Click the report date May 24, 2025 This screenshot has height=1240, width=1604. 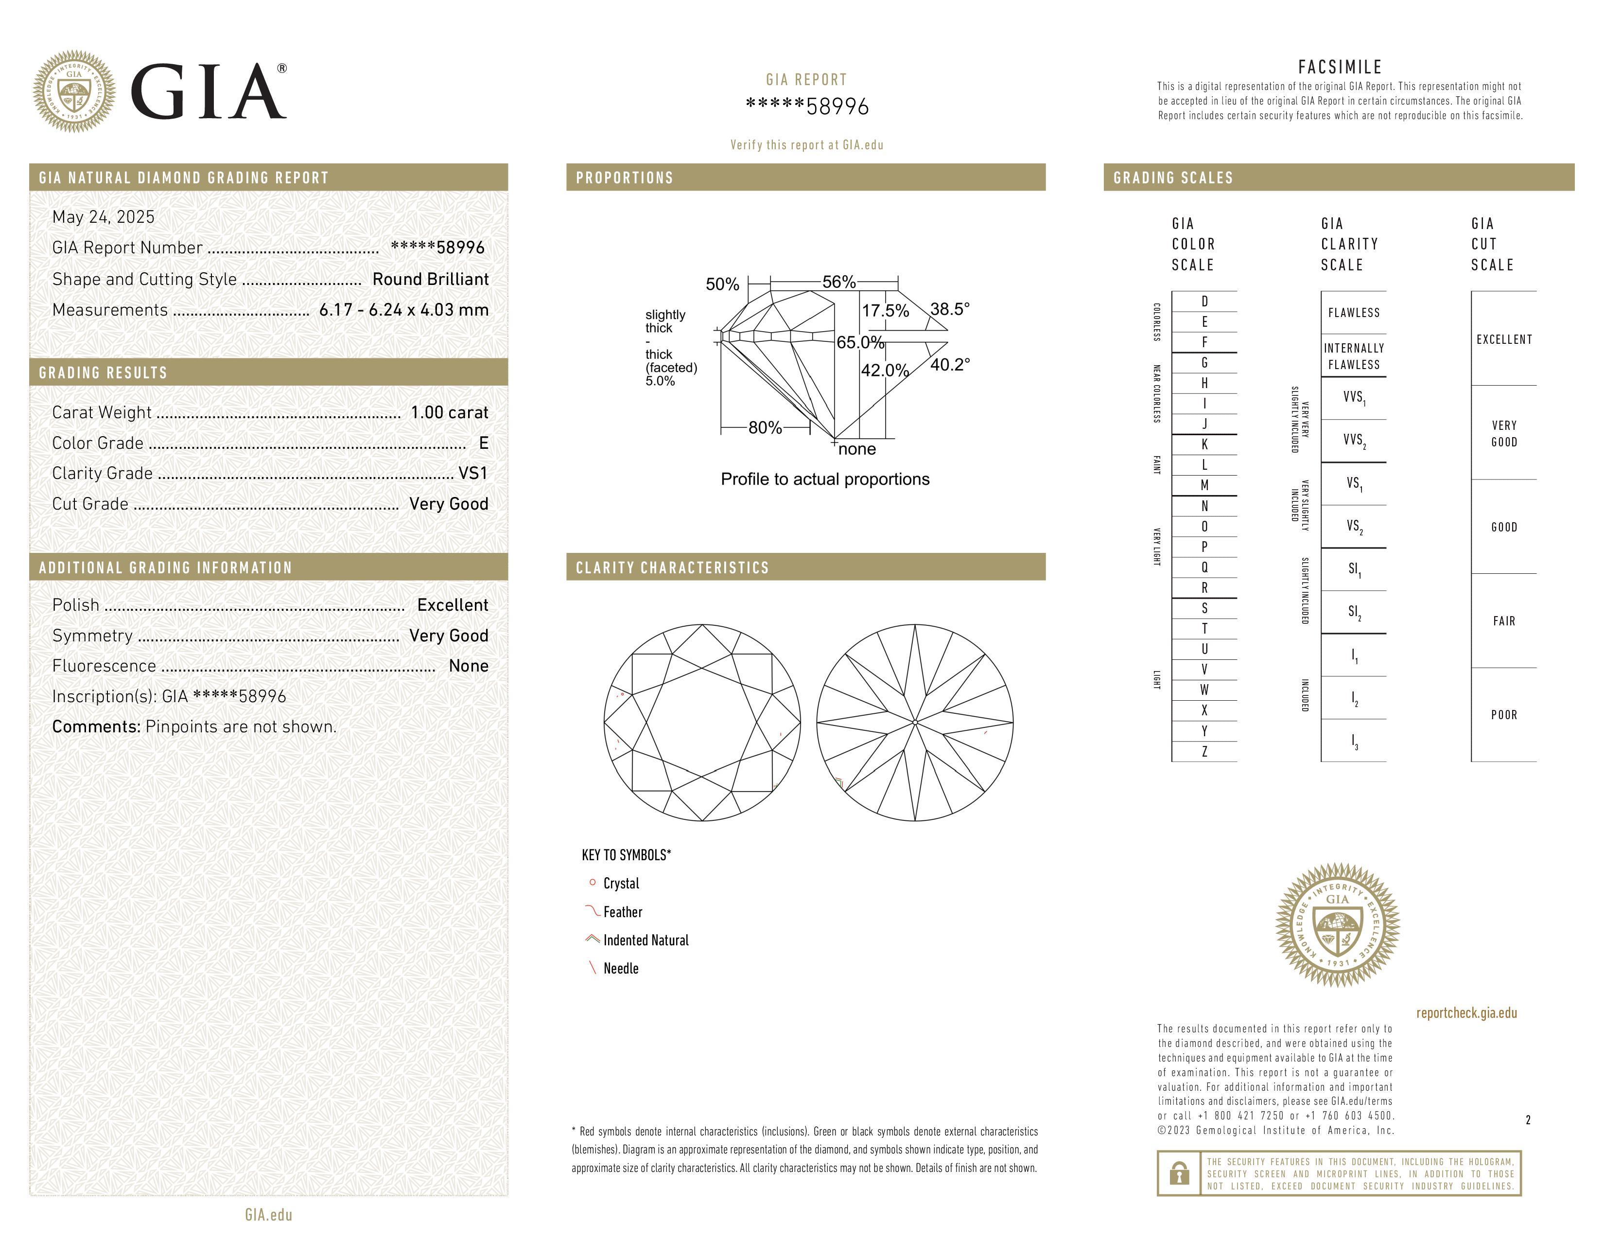[x=104, y=217]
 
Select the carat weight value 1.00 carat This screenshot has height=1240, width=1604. [x=449, y=412]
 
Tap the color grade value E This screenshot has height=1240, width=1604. [x=483, y=443]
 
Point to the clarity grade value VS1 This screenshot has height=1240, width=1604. [x=473, y=473]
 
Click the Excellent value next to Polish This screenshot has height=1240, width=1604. [x=453, y=604]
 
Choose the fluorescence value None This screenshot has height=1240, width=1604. [x=469, y=666]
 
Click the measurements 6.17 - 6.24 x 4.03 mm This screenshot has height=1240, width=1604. [x=404, y=310]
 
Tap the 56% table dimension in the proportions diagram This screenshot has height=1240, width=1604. [x=839, y=282]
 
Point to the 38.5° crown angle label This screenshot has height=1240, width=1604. [x=950, y=309]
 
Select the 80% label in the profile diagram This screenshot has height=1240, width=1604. [x=765, y=427]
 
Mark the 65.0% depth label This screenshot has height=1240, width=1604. [x=860, y=342]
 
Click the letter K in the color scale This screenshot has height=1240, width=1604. [x=1204, y=444]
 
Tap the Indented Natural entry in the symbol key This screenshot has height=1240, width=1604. [x=645, y=940]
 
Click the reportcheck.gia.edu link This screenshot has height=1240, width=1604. [x=1466, y=1013]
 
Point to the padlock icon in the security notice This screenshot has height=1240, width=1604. [x=1179, y=1173]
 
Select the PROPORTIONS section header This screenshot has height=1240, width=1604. [x=624, y=178]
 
